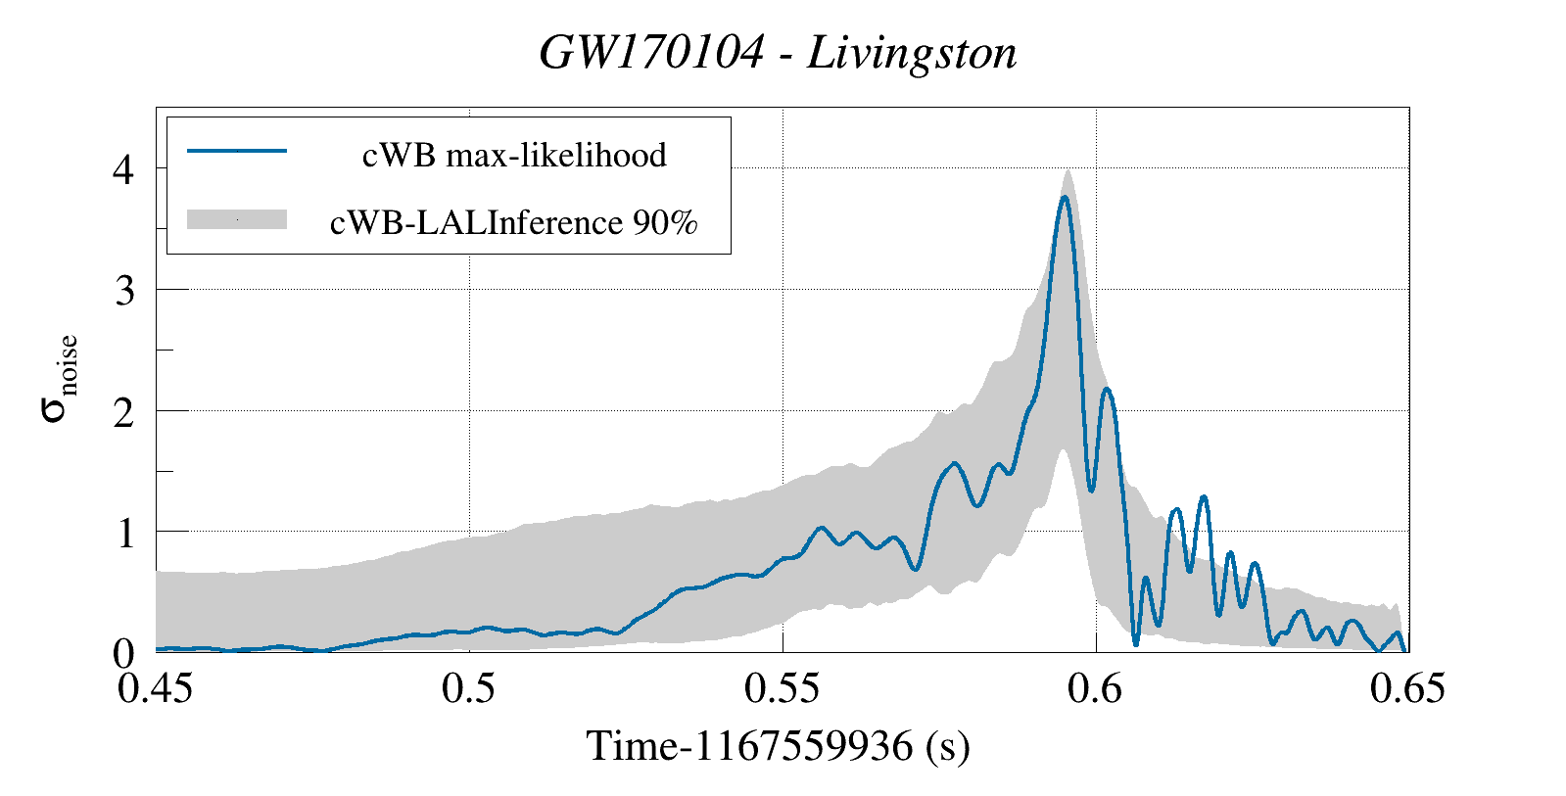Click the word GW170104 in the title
click(x=650, y=53)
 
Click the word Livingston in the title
click(x=912, y=53)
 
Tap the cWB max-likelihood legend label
click(x=514, y=155)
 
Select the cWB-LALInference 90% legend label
click(x=514, y=222)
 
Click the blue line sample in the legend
click(x=237, y=151)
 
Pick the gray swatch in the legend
click(x=237, y=219)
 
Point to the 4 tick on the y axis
click(x=123, y=169)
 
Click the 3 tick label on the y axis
click(x=123, y=290)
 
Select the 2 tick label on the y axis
click(x=123, y=412)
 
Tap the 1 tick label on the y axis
click(x=123, y=533)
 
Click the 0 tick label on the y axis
click(x=123, y=653)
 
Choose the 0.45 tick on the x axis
click(x=156, y=688)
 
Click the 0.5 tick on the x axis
click(x=469, y=688)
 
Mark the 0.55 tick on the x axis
click(x=783, y=688)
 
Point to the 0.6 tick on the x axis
click(x=1096, y=688)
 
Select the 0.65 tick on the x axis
click(x=1408, y=688)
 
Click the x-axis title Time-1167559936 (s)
click(x=779, y=746)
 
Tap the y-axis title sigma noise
click(x=59, y=377)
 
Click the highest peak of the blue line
click(x=1064, y=197)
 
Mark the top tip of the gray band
click(x=1068, y=170)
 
